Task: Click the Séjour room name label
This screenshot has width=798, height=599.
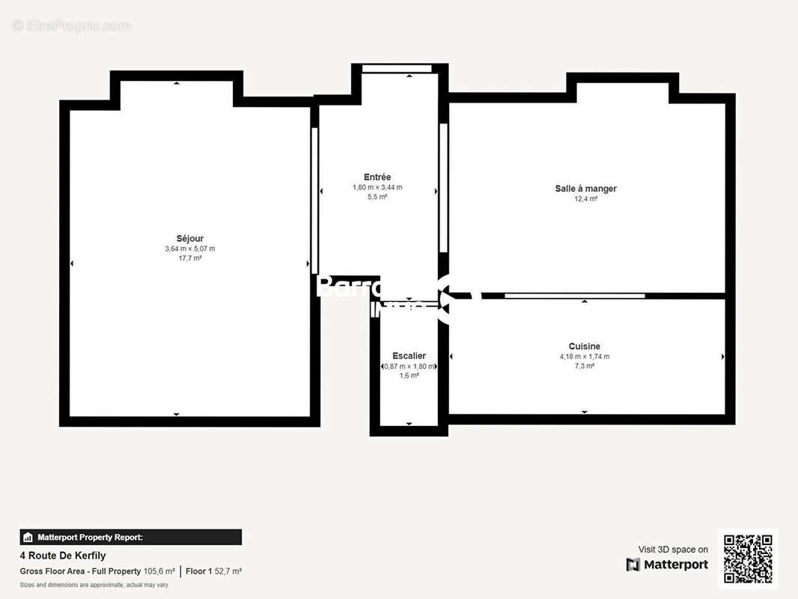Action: coord(190,239)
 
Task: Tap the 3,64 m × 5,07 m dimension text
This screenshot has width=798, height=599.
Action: coord(190,249)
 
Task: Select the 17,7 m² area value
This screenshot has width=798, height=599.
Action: coord(190,258)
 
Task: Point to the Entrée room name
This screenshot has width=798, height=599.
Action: coord(377,177)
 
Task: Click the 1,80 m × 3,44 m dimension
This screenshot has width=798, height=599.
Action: coord(377,187)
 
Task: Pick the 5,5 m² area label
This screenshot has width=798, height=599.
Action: coord(377,197)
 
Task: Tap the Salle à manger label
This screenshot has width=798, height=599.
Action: coord(585,189)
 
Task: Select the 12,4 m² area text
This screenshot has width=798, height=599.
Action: coord(585,199)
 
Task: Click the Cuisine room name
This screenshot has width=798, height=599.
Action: coord(584,347)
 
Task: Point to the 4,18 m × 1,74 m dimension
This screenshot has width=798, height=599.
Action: coord(584,356)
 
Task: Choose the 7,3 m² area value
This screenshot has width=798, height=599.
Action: coord(584,366)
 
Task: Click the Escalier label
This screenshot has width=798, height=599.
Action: coord(409,356)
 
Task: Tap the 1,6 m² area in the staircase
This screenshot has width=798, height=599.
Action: coord(409,376)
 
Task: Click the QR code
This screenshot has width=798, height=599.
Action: coord(748,559)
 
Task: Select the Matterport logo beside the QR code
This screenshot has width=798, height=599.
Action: coord(667,565)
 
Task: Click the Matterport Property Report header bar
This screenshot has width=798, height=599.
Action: coord(130,537)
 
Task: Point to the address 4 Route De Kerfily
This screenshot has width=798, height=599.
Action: coord(62,556)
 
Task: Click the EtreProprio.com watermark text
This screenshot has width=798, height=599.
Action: coord(72,26)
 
